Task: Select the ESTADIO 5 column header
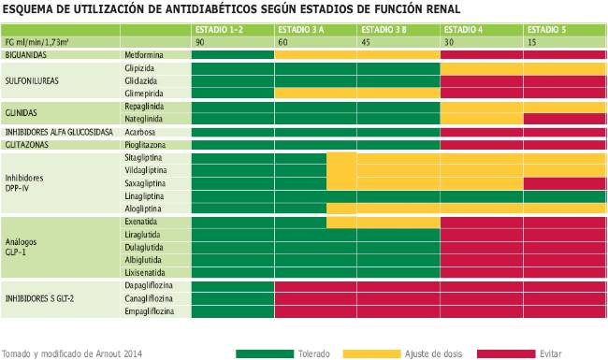546,30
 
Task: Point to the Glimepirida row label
148,94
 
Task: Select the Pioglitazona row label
148,146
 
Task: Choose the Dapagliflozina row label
151,285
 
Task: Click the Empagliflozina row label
151,310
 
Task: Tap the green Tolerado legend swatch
265,353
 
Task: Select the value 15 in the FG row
532,43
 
